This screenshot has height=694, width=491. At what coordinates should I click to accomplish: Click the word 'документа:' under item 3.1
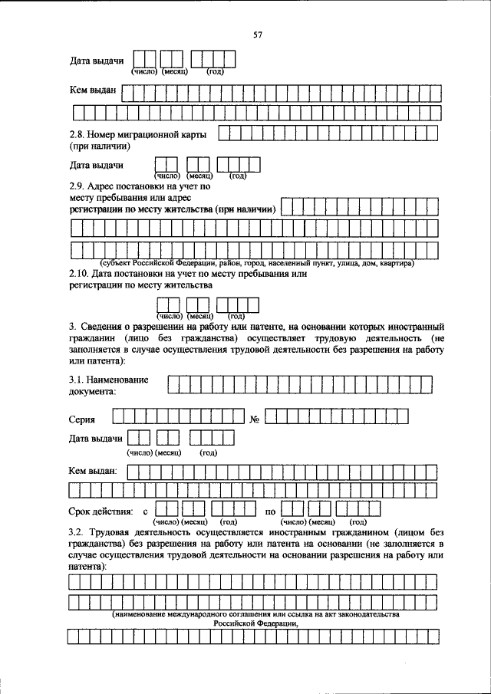tap(92, 391)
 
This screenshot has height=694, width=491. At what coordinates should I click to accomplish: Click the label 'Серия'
tap(82, 419)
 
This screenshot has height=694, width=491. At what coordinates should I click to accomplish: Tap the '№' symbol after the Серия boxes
tap(256, 419)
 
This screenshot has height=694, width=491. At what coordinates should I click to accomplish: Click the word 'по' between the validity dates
tap(270, 510)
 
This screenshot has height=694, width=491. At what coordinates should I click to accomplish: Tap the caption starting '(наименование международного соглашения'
tap(255, 614)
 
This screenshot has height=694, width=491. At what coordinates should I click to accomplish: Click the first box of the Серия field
tap(118, 417)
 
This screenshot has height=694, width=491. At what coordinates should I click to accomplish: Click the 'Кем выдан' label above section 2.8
tap(92, 91)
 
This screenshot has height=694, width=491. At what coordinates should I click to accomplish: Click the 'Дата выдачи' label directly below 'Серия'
tap(96, 438)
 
